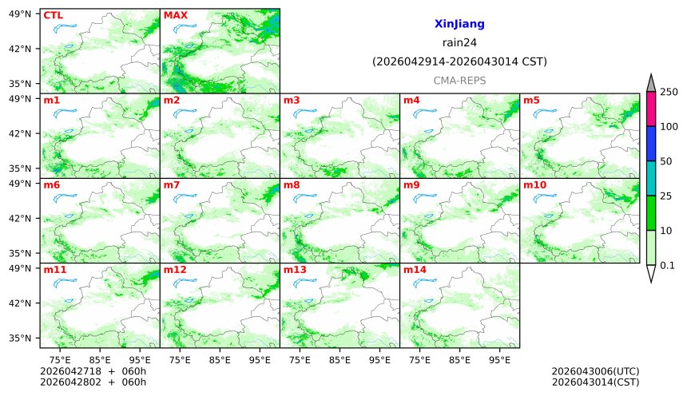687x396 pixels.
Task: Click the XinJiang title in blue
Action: tap(459, 25)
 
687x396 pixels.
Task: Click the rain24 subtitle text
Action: tap(459, 43)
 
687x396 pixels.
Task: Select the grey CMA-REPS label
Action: tap(459, 81)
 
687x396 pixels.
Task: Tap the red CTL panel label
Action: tap(53, 15)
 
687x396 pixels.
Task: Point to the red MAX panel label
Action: tap(175, 15)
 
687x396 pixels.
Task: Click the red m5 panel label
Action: tap(531, 101)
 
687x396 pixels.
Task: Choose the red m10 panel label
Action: tap(534, 185)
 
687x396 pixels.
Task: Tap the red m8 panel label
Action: tap(292, 185)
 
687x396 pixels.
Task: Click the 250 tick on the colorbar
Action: tap(669, 92)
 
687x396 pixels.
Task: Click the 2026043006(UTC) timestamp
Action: tap(595, 371)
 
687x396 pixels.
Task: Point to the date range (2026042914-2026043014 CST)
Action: tap(459, 61)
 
